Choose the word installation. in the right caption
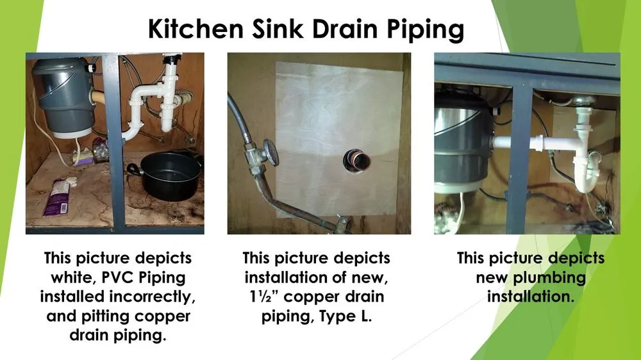point(530,297)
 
